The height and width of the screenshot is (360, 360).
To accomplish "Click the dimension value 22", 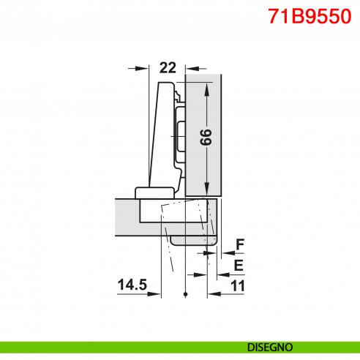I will (168, 68).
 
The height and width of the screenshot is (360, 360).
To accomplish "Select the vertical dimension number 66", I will (207, 136).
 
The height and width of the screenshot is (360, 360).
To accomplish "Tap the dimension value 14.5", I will (130, 283).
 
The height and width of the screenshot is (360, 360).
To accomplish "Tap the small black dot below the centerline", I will (187, 294).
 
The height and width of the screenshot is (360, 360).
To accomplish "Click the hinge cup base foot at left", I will (151, 192).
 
